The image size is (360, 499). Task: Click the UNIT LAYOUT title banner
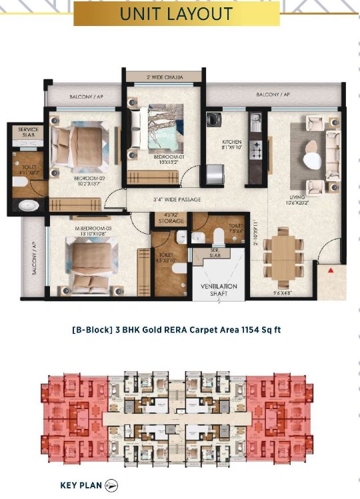point(176,13)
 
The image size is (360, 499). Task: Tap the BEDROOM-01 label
point(163,158)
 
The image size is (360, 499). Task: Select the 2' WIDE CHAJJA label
point(162,77)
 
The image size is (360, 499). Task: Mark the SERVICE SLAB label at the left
point(28,133)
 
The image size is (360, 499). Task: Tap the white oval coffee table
point(311,160)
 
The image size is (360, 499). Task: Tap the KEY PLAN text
point(80,485)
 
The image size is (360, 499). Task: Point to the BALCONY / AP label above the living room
point(273,95)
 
